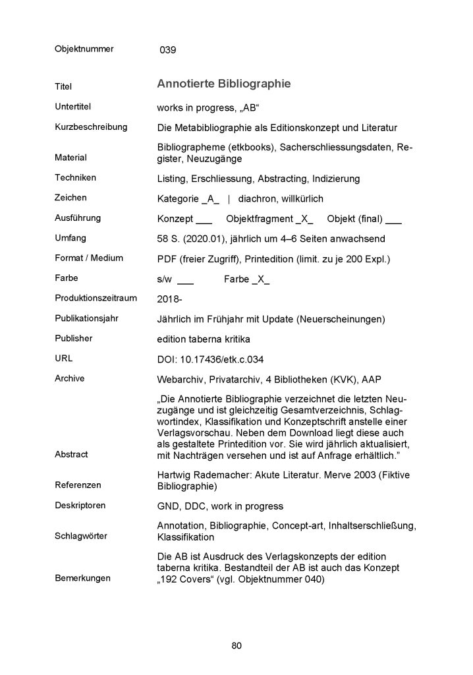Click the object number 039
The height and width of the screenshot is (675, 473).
pyautogui.click(x=168, y=50)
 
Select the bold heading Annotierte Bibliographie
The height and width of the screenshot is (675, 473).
pyautogui.click(x=223, y=84)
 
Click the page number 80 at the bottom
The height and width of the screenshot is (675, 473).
pyautogui.click(x=237, y=645)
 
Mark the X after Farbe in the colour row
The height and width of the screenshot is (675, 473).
pyautogui.click(x=262, y=279)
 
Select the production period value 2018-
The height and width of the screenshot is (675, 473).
pyautogui.click(x=170, y=299)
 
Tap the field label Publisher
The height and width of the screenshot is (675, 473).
pyautogui.click(x=74, y=338)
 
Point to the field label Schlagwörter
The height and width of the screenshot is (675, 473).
pyautogui.click(x=82, y=536)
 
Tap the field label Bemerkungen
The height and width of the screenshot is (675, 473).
pyautogui.click(x=83, y=578)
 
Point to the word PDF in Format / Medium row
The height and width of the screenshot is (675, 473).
pyautogui.click(x=167, y=258)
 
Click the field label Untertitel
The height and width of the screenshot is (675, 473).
pyautogui.click(x=73, y=105)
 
